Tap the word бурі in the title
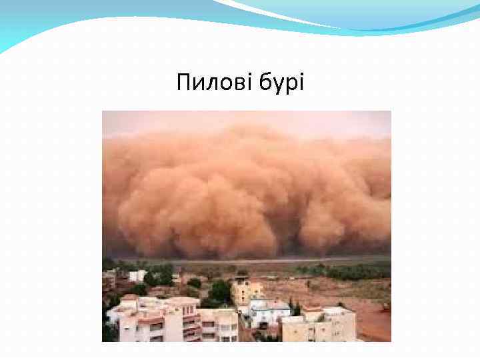pos(279,83)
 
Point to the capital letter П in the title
pos(183,83)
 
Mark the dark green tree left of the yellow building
pos(220,291)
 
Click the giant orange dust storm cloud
pos(247,193)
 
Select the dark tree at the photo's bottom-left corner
pos(109,331)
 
